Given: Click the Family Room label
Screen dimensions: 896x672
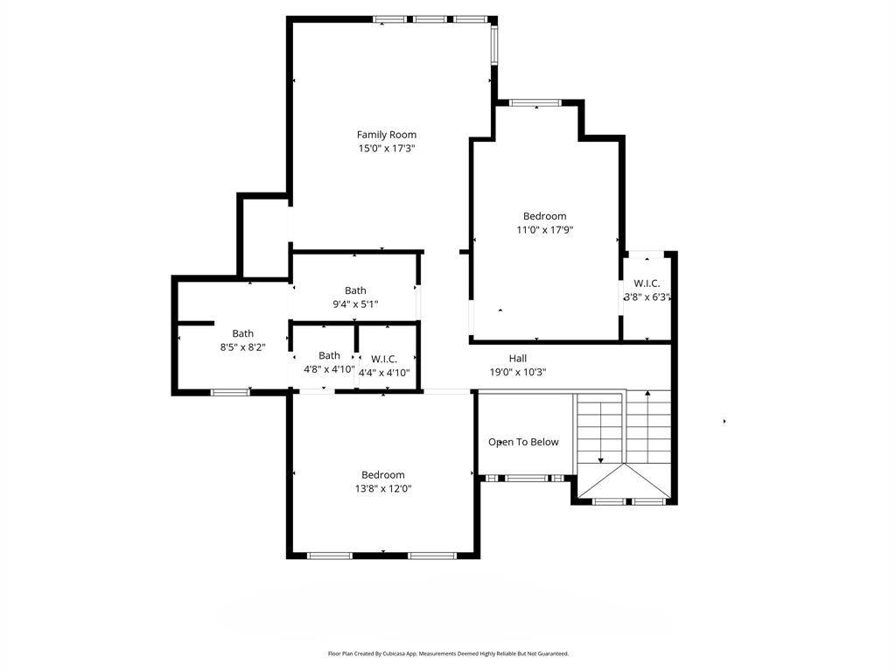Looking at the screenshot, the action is coord(386,135).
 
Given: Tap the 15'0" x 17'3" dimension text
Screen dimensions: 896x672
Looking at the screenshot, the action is coord(386,149).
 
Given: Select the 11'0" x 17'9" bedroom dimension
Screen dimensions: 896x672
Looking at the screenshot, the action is coord(544,230).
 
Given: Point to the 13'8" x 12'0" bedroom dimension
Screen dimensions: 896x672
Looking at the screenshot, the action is coord(383,488).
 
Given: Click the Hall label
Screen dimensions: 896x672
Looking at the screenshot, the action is coord(518,358).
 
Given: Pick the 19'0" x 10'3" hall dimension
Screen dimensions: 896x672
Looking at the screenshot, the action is coord(518,372).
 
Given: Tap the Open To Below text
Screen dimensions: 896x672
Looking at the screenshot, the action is coord(523,442).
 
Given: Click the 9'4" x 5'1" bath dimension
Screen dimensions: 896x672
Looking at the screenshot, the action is coord(355,304).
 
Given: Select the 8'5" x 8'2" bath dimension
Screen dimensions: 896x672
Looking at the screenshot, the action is coord(243,346).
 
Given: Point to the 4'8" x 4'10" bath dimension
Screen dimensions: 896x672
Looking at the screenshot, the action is coord(329,369).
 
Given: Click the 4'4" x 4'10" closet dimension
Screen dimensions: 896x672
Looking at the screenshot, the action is coord(384,373).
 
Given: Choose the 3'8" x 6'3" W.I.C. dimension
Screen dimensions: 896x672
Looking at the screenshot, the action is coord(647,297).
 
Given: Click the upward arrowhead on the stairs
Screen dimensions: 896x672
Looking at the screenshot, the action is coord(647,393).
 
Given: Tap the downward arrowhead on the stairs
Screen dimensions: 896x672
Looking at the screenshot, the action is coord(600,460).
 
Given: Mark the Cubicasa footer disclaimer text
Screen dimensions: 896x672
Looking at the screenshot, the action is coord(448,653).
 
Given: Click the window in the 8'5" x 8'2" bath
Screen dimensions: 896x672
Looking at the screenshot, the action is coord(230,392).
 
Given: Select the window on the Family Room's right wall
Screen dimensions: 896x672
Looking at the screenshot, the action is coord(494,44).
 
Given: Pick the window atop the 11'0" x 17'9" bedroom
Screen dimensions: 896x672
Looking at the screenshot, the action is coord(536,103).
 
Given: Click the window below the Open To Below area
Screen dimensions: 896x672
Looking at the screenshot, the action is coord(526,479).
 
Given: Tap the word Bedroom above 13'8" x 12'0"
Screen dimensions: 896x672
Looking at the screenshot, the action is coord(383,475).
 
